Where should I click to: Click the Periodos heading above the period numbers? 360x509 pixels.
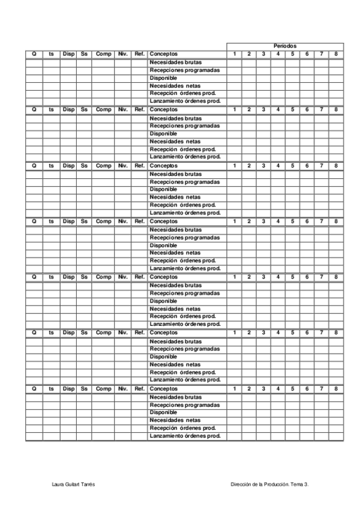pos(285,46)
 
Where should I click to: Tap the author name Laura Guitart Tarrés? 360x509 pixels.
pos(74,484)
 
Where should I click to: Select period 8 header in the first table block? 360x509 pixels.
pos(336,54)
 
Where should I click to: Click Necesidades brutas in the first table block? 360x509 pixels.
pos(176,62)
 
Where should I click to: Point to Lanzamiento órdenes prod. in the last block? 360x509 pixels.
pos(185,436)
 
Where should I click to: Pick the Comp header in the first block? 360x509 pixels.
pos(103,54)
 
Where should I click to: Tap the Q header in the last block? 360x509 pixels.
pos(34,389)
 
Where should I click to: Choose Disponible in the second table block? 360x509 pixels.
pos(163,133)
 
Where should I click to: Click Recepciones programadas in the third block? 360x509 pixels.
pos(185,181)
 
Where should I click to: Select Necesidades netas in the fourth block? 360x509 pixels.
pos(175,253)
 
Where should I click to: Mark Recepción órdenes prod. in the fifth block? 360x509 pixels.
pos(182,316)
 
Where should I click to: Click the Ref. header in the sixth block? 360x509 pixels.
pos(140,333)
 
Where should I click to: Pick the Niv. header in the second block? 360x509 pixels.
pos(123,110)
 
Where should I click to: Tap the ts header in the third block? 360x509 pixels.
pos(51,166)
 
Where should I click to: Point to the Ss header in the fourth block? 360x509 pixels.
pos(84,221)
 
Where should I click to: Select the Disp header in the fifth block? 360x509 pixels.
pos(68,277)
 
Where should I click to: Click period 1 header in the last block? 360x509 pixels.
pos(235,389)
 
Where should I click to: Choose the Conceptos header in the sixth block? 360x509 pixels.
pos(164,333)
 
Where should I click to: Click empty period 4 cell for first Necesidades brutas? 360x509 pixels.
pos(278,62)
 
